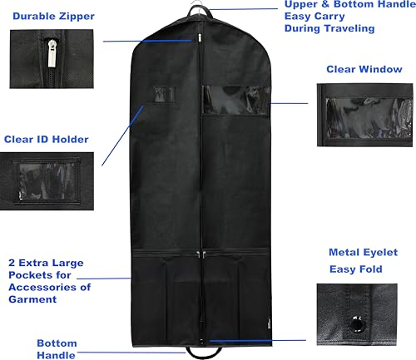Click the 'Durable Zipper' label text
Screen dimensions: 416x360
click(x=53, y=17)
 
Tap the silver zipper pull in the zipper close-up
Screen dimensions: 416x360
click(x=52, y=53)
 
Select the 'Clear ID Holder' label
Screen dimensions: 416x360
click(x=47, y=139)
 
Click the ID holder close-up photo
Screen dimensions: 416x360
click(x=47, y=181)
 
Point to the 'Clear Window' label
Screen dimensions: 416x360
click(x=364, y=69)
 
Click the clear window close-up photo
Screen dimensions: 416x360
click(x=365, y=115)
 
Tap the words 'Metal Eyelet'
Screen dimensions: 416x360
click(x=363, y=253)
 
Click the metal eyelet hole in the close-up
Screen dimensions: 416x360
click(x=356, y=323)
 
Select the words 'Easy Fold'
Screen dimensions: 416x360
click(x=356, y=269)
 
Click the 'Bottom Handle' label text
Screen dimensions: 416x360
click(x=57, y=349)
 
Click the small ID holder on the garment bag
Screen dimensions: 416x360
click(x=164, y=94)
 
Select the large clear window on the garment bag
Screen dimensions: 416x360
click(x=236, y=100)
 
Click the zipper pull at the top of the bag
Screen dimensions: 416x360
click(x=200, y=38)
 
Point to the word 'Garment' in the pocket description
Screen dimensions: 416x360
click(x=32, y=299)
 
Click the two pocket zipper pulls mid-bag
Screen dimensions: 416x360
click(x=201, y=254)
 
